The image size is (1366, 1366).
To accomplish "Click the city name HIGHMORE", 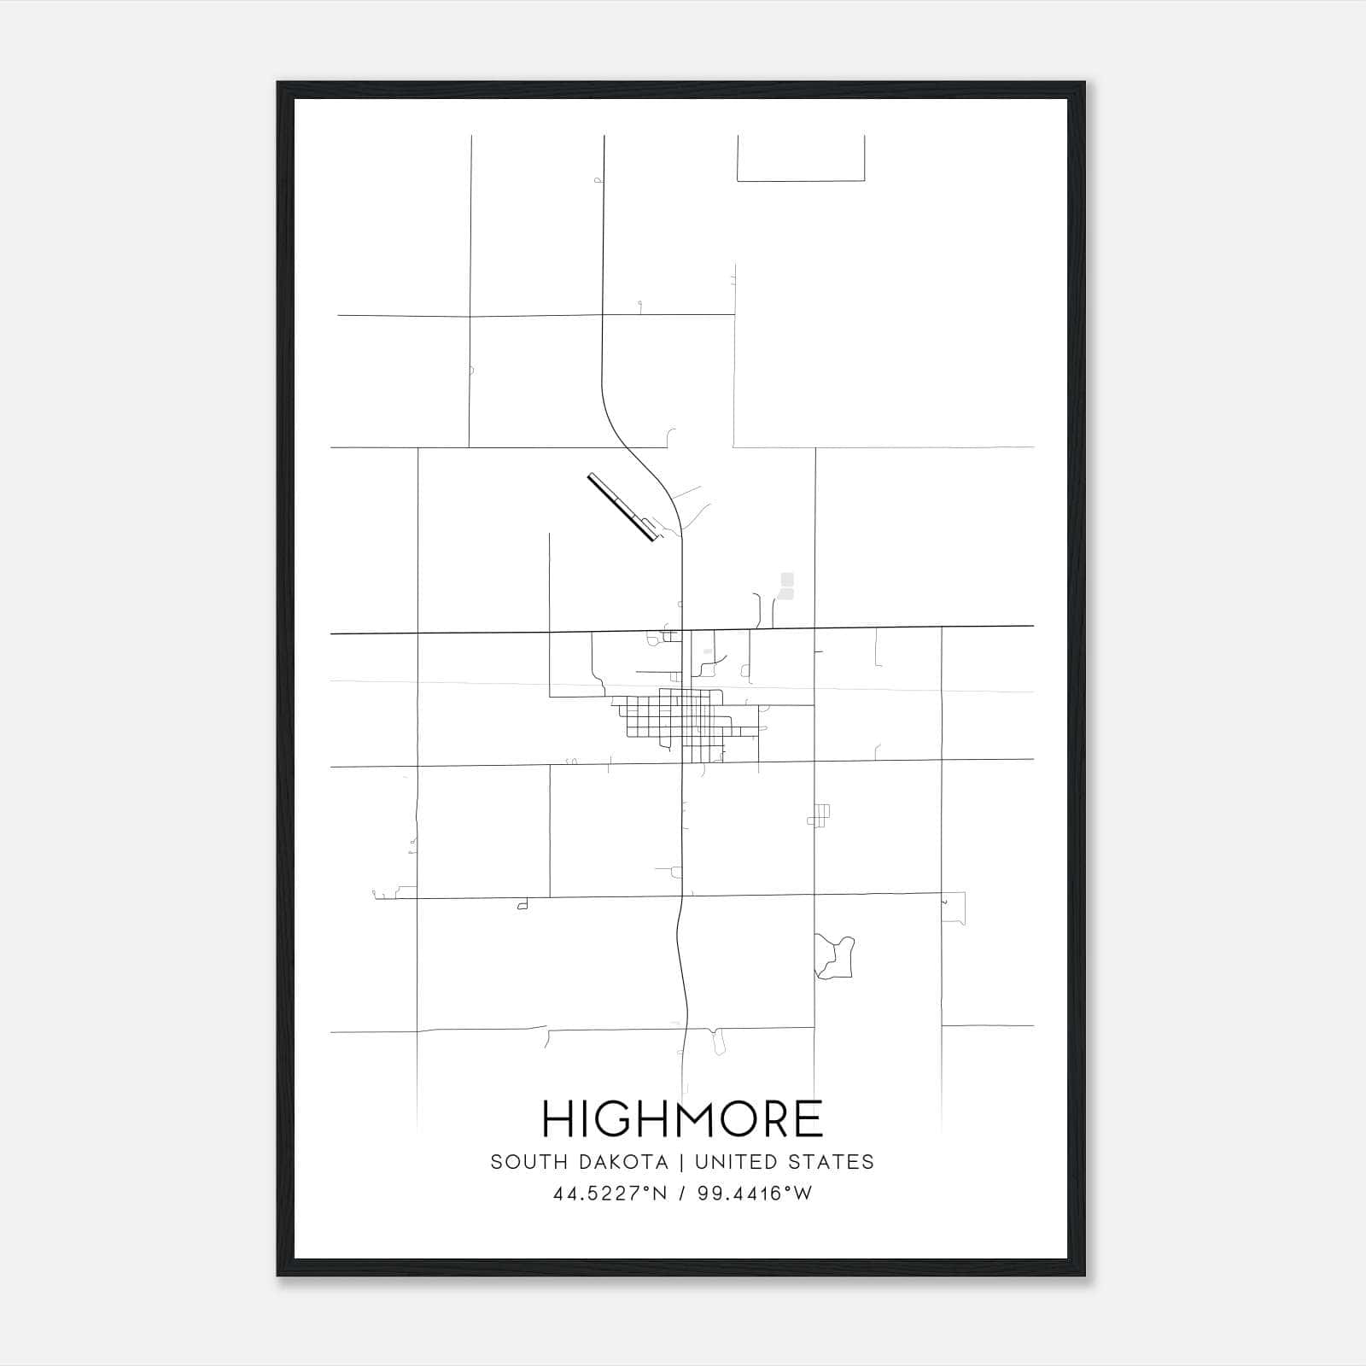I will click(x=682, y=1118).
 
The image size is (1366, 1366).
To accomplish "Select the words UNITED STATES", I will click(x=785, y=1162).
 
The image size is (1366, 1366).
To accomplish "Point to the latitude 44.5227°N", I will click(x=609, y=1194).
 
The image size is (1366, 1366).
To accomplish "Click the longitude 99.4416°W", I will click(x=755, y=1194).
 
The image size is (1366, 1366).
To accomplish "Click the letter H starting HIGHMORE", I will click(x=557, y=1118).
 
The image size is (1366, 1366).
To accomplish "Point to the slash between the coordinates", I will click(x=681, y=1194).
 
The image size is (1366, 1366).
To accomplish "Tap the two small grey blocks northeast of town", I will click(x=786, y=586).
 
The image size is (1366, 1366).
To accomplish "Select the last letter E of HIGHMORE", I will click(x=808, y=1118).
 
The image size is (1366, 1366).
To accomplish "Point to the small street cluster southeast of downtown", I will click(x=820, y=815).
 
